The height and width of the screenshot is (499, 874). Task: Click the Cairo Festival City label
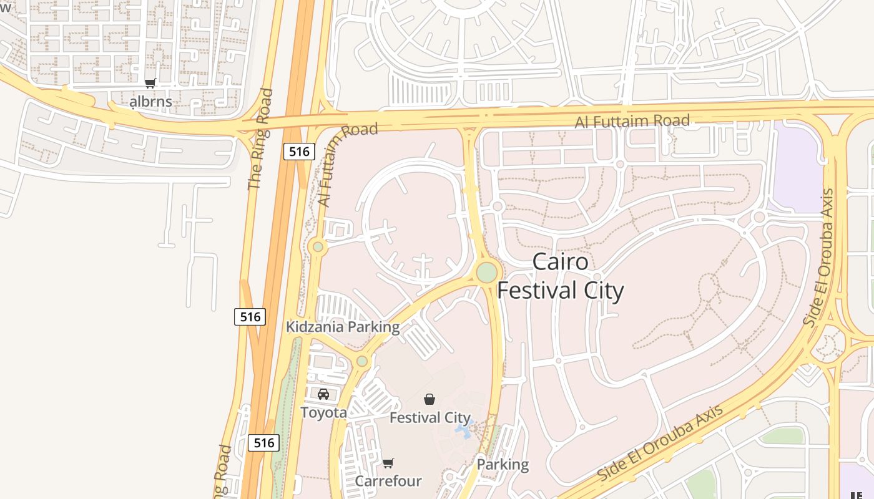click(x=561, y=276)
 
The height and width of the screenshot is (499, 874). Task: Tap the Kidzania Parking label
click(x=342, y=327)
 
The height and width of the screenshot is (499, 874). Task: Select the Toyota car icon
click(x=323, y=394)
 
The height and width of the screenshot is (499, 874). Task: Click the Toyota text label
click(x=323, y=412)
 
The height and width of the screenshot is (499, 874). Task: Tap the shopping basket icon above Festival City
click(x=430, y=399)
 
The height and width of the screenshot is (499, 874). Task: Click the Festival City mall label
click(x=430, y=417)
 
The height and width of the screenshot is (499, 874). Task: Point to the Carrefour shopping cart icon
click(x=388, y=463)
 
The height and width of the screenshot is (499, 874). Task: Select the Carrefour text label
click(x=388, y=481)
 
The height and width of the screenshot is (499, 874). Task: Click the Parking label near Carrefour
click(x=503, y=464)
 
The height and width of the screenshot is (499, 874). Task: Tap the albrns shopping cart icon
click(x=150, y=84)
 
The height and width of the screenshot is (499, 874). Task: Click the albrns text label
click(x=150, y=101)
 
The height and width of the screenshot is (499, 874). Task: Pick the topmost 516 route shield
click(x=299, y=151)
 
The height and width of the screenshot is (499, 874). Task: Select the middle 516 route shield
click(x=250, y=317)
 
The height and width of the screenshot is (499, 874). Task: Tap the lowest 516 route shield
click(x=263, y=443)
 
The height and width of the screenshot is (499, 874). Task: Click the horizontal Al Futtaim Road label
click(x=632, y=121)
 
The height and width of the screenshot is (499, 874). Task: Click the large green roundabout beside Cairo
click(x=487, y=273)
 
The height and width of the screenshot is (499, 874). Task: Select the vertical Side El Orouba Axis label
click(x=818, y=258)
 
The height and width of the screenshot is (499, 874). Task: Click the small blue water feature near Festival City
click(x=464, y=430)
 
